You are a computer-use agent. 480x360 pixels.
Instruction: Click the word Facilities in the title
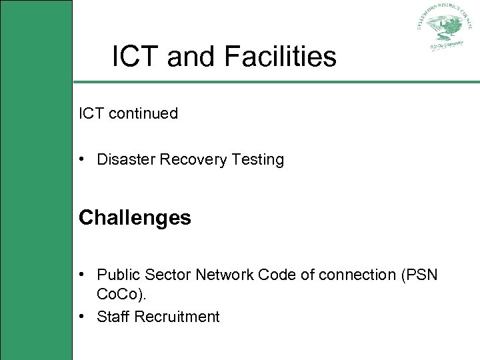(x=281, y=57)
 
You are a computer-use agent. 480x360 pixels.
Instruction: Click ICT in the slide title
(x=136, y=57)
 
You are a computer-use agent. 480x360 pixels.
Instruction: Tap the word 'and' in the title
(x=192, y=57)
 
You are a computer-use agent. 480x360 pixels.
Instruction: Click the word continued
(x=143, y=113)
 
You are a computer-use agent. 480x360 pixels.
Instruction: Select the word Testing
(x=257, y=160)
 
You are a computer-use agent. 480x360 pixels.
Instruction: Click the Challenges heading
(x=135, y=218)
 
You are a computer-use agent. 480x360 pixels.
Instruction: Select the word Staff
(x=113, y=317)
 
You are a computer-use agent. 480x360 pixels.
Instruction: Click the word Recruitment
(x=177, y=317)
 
